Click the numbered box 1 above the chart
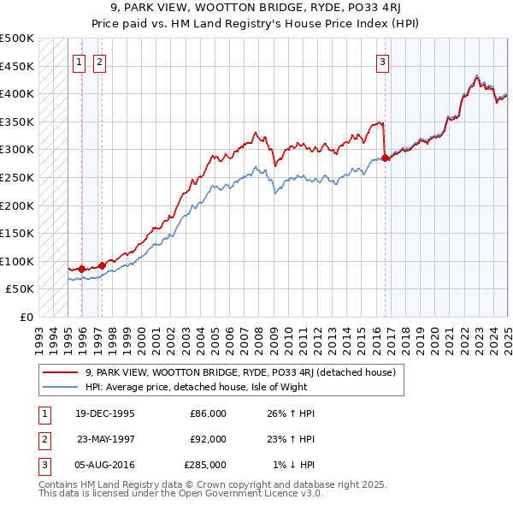[x=79, y=61]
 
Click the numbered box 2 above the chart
[x=99, y=61]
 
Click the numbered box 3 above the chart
[x=382, y=61]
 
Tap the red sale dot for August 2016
[x=385, y=157]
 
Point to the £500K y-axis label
[x=17, y=39]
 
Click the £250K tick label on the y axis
[x=17, y=177]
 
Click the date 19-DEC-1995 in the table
[x=105, y=413]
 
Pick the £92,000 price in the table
[x=208, y=439]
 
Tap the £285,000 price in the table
[x=205, y=465]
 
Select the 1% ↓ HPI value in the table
[x=294, y=465]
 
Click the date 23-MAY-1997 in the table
[x=105, y=439]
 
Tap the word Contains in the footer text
[x=59, y=484]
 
